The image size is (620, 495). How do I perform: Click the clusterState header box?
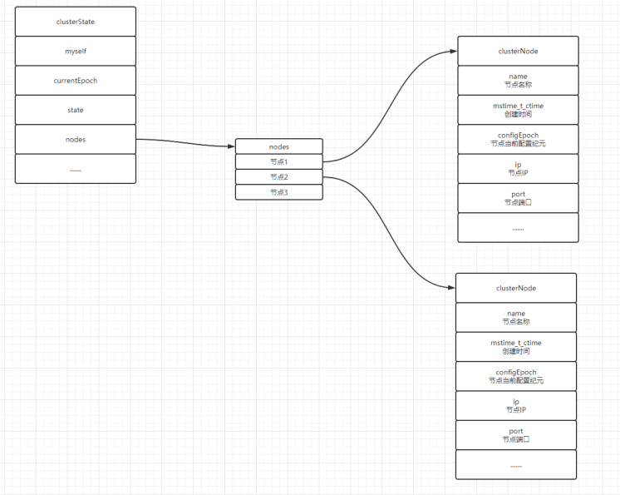[75, 22]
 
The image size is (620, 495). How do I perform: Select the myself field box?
[75, 51]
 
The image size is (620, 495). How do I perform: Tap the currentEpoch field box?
[75, 81]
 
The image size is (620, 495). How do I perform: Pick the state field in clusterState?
[75, 110]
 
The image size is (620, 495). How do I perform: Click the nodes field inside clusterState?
[75, 139]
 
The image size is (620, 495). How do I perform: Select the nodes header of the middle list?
[278, 146]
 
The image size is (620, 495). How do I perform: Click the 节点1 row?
[278, 161]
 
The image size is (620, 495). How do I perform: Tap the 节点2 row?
[278, 176]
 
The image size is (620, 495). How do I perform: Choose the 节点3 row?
[278, 192]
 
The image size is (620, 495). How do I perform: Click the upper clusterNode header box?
[518, 51]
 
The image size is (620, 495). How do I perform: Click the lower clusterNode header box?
[515, 288]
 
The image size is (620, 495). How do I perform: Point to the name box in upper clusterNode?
[518, 81]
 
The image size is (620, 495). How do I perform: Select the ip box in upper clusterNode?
[518, 169]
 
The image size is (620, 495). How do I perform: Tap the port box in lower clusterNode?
[515, 435]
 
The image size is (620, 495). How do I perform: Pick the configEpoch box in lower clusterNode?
[515, 376]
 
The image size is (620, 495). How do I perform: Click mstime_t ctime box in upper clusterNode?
[518, 110]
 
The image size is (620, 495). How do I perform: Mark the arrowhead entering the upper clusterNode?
[453, 52]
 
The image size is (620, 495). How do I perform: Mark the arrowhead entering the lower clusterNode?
[450, 288]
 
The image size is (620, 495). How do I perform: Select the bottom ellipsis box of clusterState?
[75, 169]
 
